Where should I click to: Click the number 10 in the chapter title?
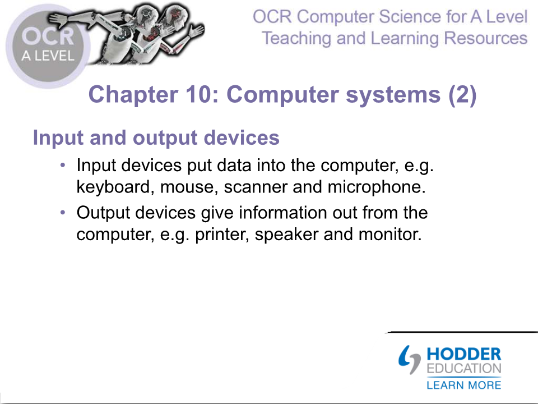point(202,94)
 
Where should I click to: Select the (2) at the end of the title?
point(462,94)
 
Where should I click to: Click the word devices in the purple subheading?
point(242,138)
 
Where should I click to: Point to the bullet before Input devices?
point(62,165)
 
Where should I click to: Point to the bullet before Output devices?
point(62,213)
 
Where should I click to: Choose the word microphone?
point(377,187)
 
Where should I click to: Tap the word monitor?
point(390,235)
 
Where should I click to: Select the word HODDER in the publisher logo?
point(464,354)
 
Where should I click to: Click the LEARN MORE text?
point(464,385)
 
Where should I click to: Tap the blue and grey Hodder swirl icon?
point(409,360)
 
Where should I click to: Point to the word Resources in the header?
point(485,38)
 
